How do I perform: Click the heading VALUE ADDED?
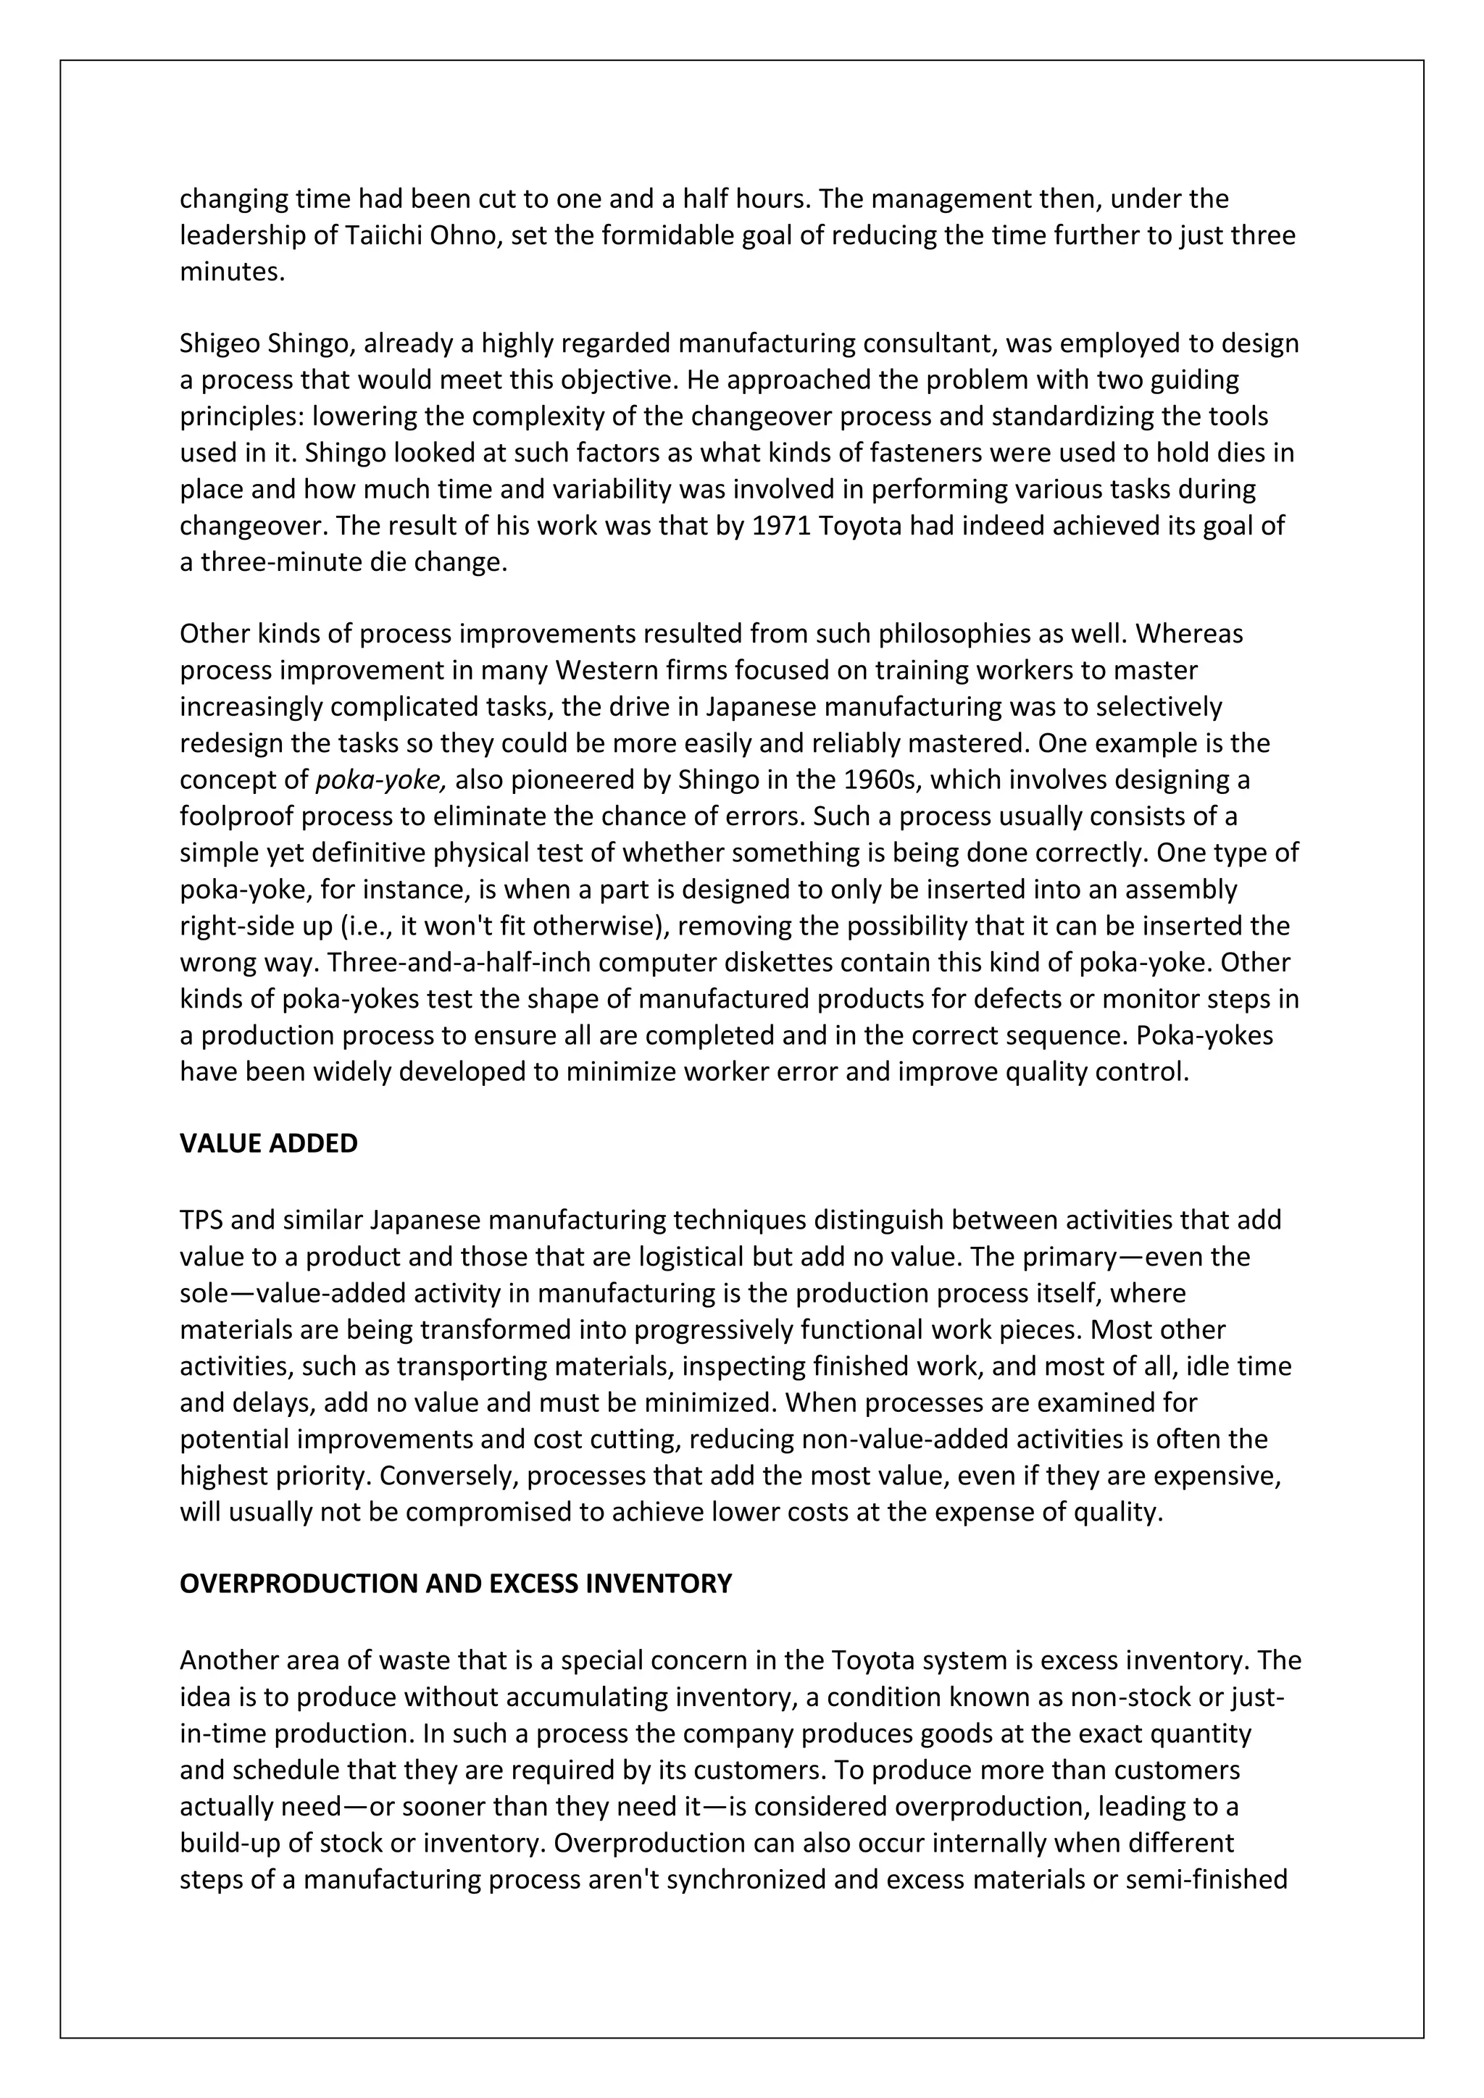pos(269,1143)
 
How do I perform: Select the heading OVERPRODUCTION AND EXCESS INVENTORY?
pos(455,1584)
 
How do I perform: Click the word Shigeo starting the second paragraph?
pos(220,343)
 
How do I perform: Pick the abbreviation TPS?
pos(201,1220)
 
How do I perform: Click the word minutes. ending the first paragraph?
pos(232,272)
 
